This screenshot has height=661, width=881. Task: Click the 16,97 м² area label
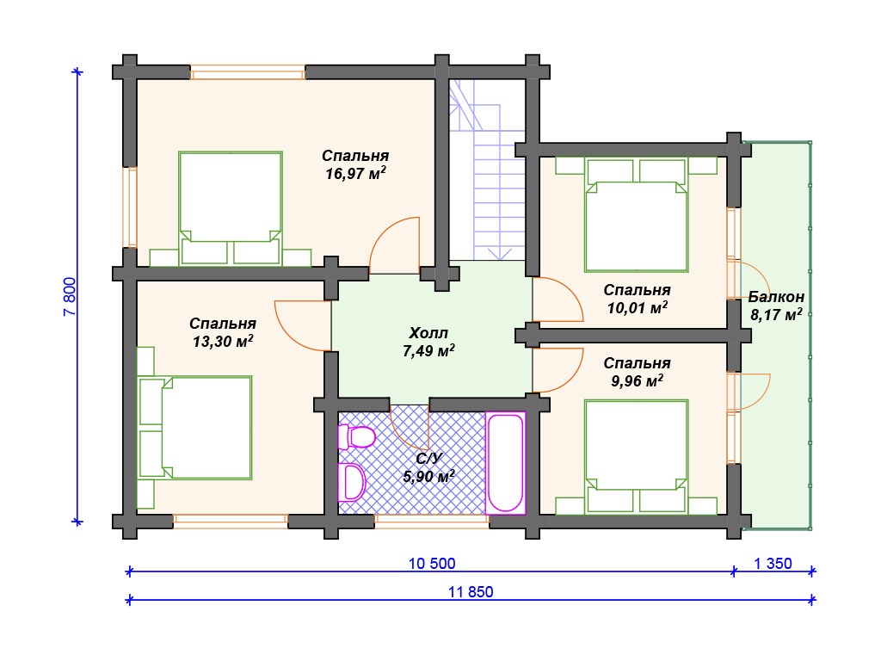coord(355,173)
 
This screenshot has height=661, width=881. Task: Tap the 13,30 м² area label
coord(223,341)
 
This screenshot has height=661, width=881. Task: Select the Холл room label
coord(428,333)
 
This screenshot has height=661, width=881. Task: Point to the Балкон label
coord(776,296)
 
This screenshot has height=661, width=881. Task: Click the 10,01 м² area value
coord(638,307)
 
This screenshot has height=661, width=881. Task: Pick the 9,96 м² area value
coord(638,380)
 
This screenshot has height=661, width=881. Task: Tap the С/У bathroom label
coord(428,459)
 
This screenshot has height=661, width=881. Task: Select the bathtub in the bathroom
coord(506,462)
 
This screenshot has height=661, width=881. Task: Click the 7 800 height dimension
coord(70,297)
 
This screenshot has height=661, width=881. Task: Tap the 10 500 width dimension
coord(432,563)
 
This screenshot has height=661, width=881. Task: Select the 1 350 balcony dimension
coord(773,563)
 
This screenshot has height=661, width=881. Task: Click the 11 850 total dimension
coord(471,592)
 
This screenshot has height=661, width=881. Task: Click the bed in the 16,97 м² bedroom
coord(231,208)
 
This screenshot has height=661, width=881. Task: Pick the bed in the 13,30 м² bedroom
coord(195,428)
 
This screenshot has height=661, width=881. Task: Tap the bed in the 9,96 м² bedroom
coord(636,456)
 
